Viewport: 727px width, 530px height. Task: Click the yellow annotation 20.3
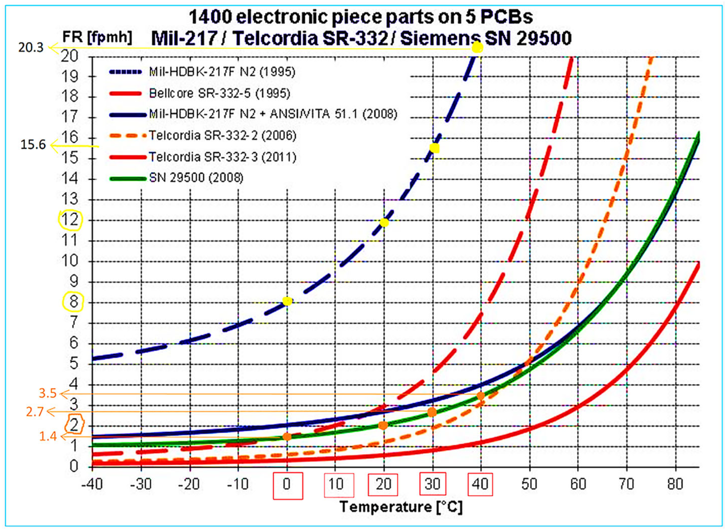31,48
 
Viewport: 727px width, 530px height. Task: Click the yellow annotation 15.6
33,145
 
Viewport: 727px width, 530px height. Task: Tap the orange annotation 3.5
48,393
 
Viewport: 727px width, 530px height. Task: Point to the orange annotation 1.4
48,436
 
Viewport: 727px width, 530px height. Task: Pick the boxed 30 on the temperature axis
432,484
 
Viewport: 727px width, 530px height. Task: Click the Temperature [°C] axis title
401,507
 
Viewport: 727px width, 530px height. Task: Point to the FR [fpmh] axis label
97,37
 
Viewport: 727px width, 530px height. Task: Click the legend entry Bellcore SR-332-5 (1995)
220,93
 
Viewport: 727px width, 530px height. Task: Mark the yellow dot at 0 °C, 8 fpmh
287,301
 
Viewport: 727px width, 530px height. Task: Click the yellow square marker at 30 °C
434,148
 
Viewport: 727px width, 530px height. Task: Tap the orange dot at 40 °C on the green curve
481,396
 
